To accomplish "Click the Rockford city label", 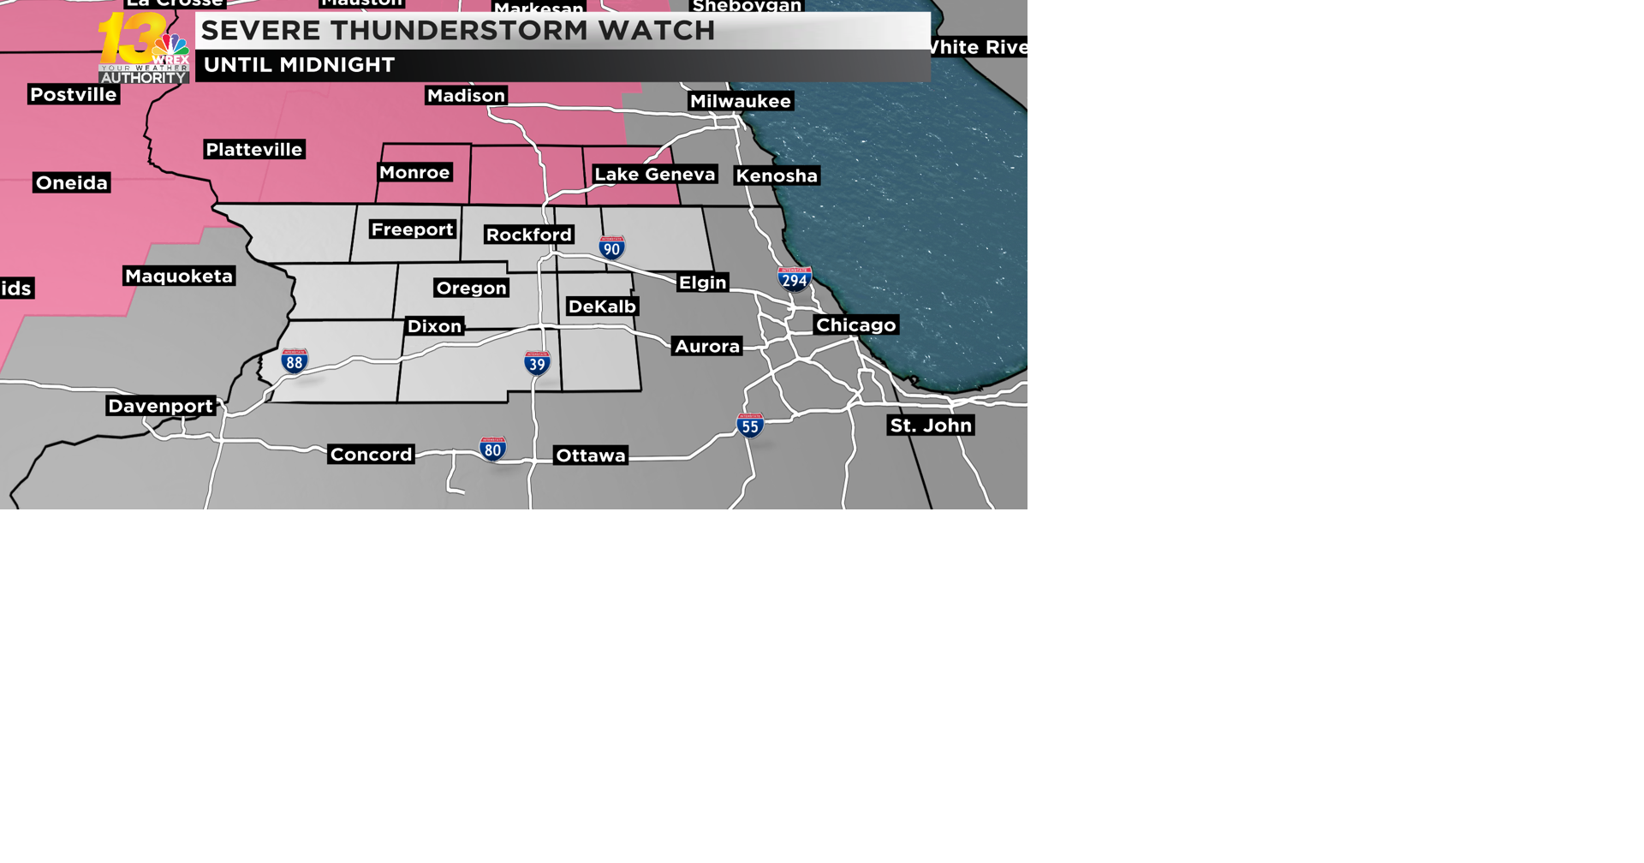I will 528,235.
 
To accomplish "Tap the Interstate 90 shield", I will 611,248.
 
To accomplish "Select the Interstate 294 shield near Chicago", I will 795,279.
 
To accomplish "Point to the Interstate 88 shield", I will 295,361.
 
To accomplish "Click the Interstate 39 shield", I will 537,363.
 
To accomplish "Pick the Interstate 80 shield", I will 492,449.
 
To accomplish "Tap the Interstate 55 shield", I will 750,426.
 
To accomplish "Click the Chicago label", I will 855,324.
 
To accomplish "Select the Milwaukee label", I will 741,101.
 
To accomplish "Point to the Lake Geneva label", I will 654,175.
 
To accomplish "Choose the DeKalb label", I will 602,307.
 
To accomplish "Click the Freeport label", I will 412,229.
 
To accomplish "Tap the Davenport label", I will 160,406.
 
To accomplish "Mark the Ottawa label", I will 591,455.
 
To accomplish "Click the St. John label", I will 931,426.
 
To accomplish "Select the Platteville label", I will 254,150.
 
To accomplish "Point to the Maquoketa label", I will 179,276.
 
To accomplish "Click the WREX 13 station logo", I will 143,48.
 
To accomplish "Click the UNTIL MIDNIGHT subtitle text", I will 299,65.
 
